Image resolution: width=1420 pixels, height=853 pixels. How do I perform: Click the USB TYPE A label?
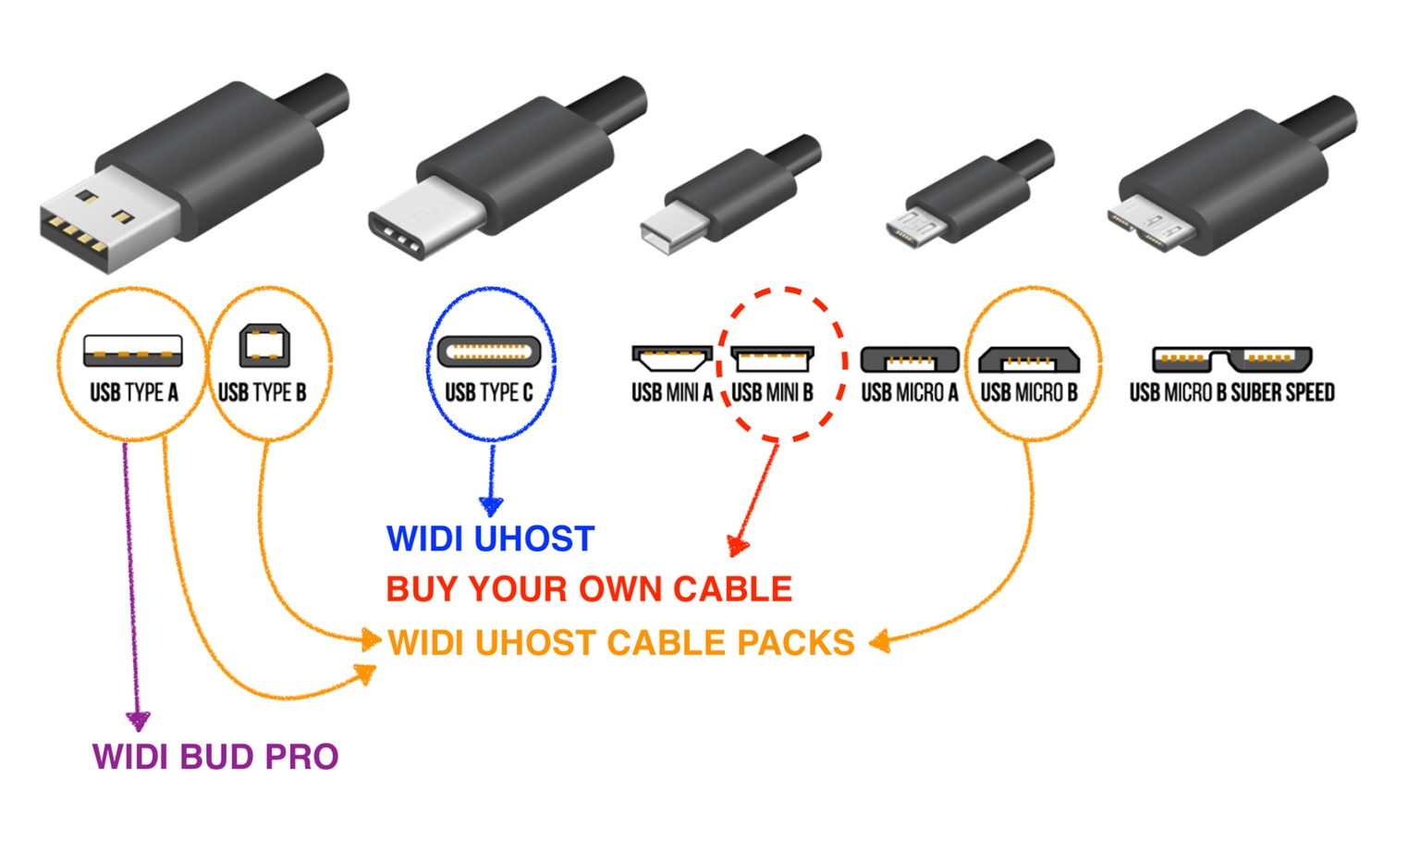[x=134, y=392]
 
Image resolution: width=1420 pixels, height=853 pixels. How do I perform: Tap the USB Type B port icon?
[x=264, y=347]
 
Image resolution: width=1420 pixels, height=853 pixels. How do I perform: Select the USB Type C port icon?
[x=489, y=352]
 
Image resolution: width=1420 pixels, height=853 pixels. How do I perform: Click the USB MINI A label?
[x=672, y=392]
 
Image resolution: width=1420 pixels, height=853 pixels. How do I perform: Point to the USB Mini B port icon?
[x=772, y=358]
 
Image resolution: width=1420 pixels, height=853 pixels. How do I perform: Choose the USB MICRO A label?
[x=909, y=392]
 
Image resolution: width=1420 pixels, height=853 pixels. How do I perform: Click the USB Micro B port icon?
[x=1029, y=358]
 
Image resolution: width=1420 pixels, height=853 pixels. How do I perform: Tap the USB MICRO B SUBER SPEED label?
[x=1231, y=392]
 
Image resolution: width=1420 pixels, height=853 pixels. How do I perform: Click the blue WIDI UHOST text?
[x=490, y=538]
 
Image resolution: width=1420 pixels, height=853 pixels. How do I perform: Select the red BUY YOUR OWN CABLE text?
[x=589, y=589]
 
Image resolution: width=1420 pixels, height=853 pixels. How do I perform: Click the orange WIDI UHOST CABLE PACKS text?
[x=621, y=643]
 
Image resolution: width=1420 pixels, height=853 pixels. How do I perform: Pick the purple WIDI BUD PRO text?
[x=215, y=757]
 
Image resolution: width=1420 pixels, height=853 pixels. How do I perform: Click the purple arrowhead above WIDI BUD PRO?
[x=138, y=721]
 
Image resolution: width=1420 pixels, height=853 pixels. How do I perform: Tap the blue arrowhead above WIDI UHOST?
[x=491, y=506]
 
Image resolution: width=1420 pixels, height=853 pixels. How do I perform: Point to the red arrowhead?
[x=737, y=546]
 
